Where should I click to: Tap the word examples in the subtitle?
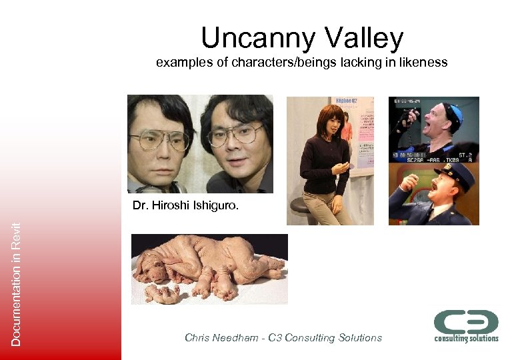[179, 63]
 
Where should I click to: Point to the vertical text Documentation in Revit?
[16, 283]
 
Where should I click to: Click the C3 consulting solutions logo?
[466, 326]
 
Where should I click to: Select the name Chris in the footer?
[197, 338]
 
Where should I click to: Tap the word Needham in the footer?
[237, 338]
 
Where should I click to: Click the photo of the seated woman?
[329, 160]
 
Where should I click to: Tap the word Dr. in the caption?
[140, 205]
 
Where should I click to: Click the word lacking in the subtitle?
[356, 63]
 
